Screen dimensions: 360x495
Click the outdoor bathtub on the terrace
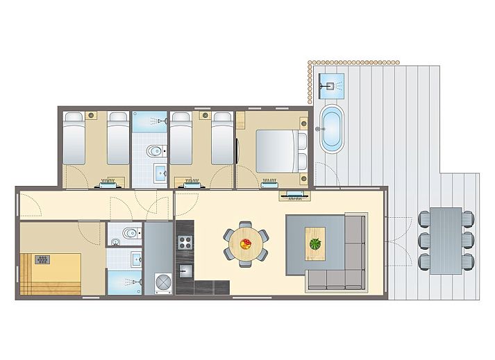[331, 128]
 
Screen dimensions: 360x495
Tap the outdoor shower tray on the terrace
[330, 85]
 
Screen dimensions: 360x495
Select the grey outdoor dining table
[446, 240]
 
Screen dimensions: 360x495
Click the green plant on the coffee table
[316, 243]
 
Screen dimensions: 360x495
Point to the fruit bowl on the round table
[246, 243]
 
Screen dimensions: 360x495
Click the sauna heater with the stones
[42, 259]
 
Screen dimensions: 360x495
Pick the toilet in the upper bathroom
[154, 151]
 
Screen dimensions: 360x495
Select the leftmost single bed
[74, 139]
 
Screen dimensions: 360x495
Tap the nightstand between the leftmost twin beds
[91, 115]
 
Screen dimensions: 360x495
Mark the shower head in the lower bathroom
[139, 282]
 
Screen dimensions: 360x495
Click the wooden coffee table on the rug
[316, 243]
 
